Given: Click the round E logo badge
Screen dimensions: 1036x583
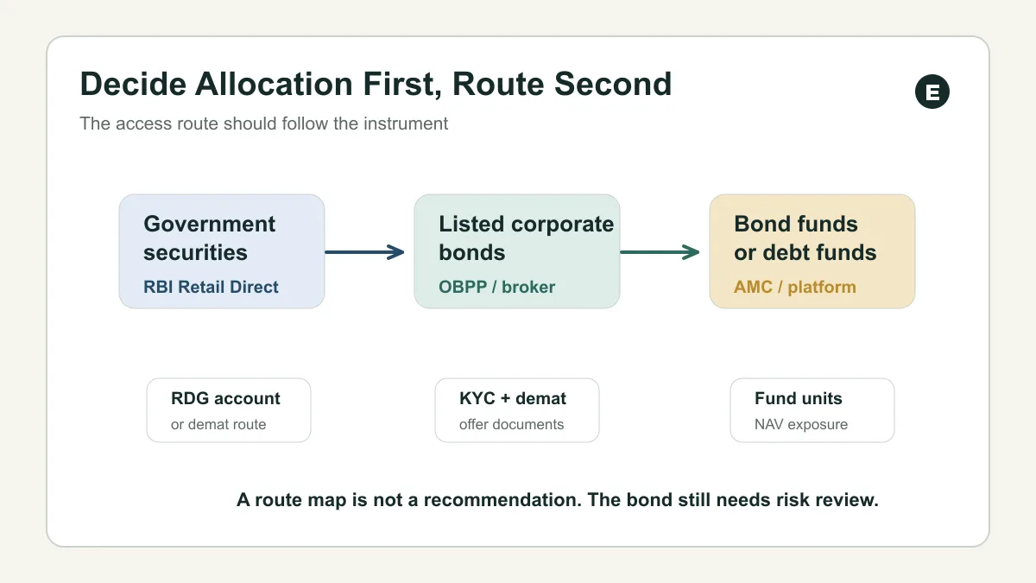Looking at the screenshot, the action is tap(932, 92).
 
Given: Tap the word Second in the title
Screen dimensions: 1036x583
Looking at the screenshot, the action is tap(613, 84).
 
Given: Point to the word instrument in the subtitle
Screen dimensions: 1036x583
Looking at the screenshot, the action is tap(406, 124).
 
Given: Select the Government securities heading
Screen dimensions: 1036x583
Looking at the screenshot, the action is tap(209, 238).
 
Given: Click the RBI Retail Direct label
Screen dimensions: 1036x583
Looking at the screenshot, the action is tap(211, 287).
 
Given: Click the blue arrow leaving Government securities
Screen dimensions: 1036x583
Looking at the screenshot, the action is tap(364, 252).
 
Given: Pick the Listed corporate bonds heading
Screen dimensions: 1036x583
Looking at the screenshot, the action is tap(527, 238).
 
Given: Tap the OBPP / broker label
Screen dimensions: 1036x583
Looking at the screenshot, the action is tap(496, 287).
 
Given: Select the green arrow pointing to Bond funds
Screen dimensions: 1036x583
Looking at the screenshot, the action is tap(660, 252).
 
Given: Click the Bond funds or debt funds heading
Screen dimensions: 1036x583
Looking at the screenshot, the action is tap(805, 238).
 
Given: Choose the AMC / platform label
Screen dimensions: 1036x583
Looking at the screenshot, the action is tap(795, 287).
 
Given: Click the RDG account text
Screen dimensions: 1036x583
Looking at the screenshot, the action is tap(225, 398).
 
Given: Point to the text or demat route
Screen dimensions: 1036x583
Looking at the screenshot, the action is tap(218, 424).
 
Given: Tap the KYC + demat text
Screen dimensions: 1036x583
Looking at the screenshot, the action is tap(513, 398).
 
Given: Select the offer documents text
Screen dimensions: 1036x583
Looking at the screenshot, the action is tap(511, 424).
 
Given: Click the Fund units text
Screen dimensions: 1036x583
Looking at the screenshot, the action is tap(799, 398).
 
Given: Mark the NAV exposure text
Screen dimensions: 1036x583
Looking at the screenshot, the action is tap(801, 424).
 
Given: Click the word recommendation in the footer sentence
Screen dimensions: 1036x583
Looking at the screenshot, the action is tap(502, 500).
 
